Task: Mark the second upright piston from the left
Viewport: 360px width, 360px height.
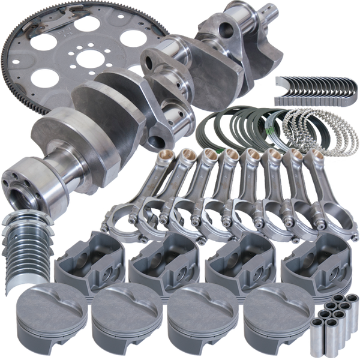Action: pyautogui.click(x=126, y=315)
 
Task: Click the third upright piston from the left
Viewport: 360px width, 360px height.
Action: pyautogui.click(x=201, y=315)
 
